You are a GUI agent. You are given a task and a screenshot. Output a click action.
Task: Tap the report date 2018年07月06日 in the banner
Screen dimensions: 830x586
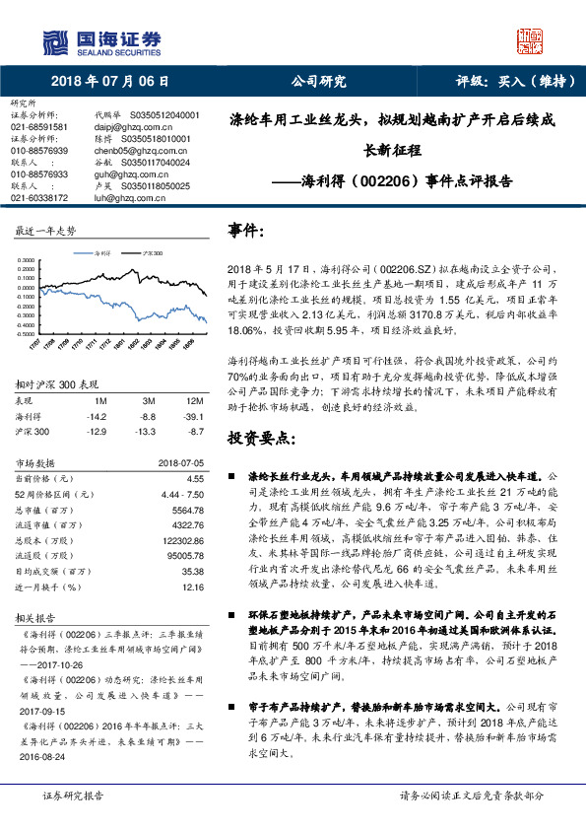pyautogui.click(x=109, y=82)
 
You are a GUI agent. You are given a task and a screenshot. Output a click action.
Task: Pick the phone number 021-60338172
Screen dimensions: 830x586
pyautogui.click(x=39, y=198)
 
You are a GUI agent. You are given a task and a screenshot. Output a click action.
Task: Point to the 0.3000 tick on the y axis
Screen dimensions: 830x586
pyautogui.click(x=26, y=261)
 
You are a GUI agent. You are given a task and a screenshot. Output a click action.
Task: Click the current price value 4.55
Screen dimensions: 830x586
pyautogui.click(x=195, y=477)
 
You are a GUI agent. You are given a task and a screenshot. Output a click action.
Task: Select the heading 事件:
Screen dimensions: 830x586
pyautogui.click(x=245, y=231)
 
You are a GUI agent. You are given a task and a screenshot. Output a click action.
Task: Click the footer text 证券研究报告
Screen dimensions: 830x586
pyautogui.click(x=73, y=795)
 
